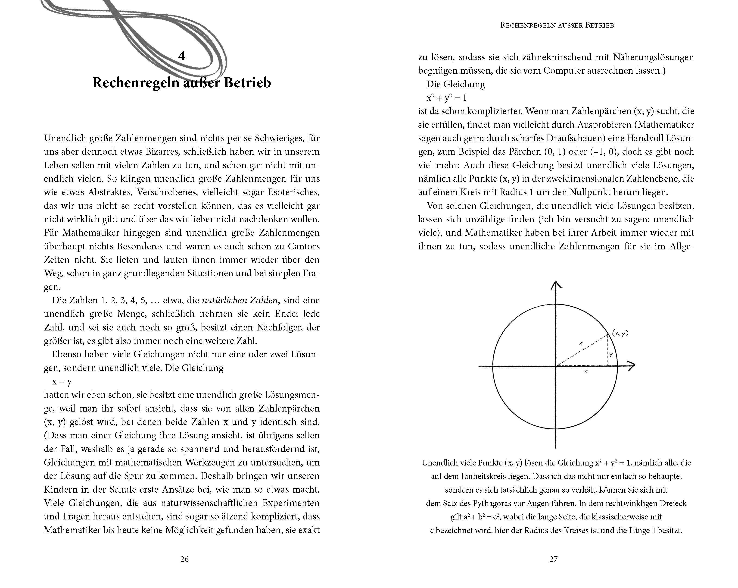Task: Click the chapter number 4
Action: (x=182, y=56)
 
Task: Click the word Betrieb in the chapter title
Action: (x=247, y=83)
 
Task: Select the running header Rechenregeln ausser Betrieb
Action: (x=557, y=25)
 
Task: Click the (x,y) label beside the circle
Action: (x=620, y=333)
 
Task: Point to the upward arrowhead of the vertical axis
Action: (x=556, y=285)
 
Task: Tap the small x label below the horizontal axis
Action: (x=586, y=371)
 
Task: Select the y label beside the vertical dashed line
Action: (x=611, y=355)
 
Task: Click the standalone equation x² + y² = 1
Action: (x=446, y=98)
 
